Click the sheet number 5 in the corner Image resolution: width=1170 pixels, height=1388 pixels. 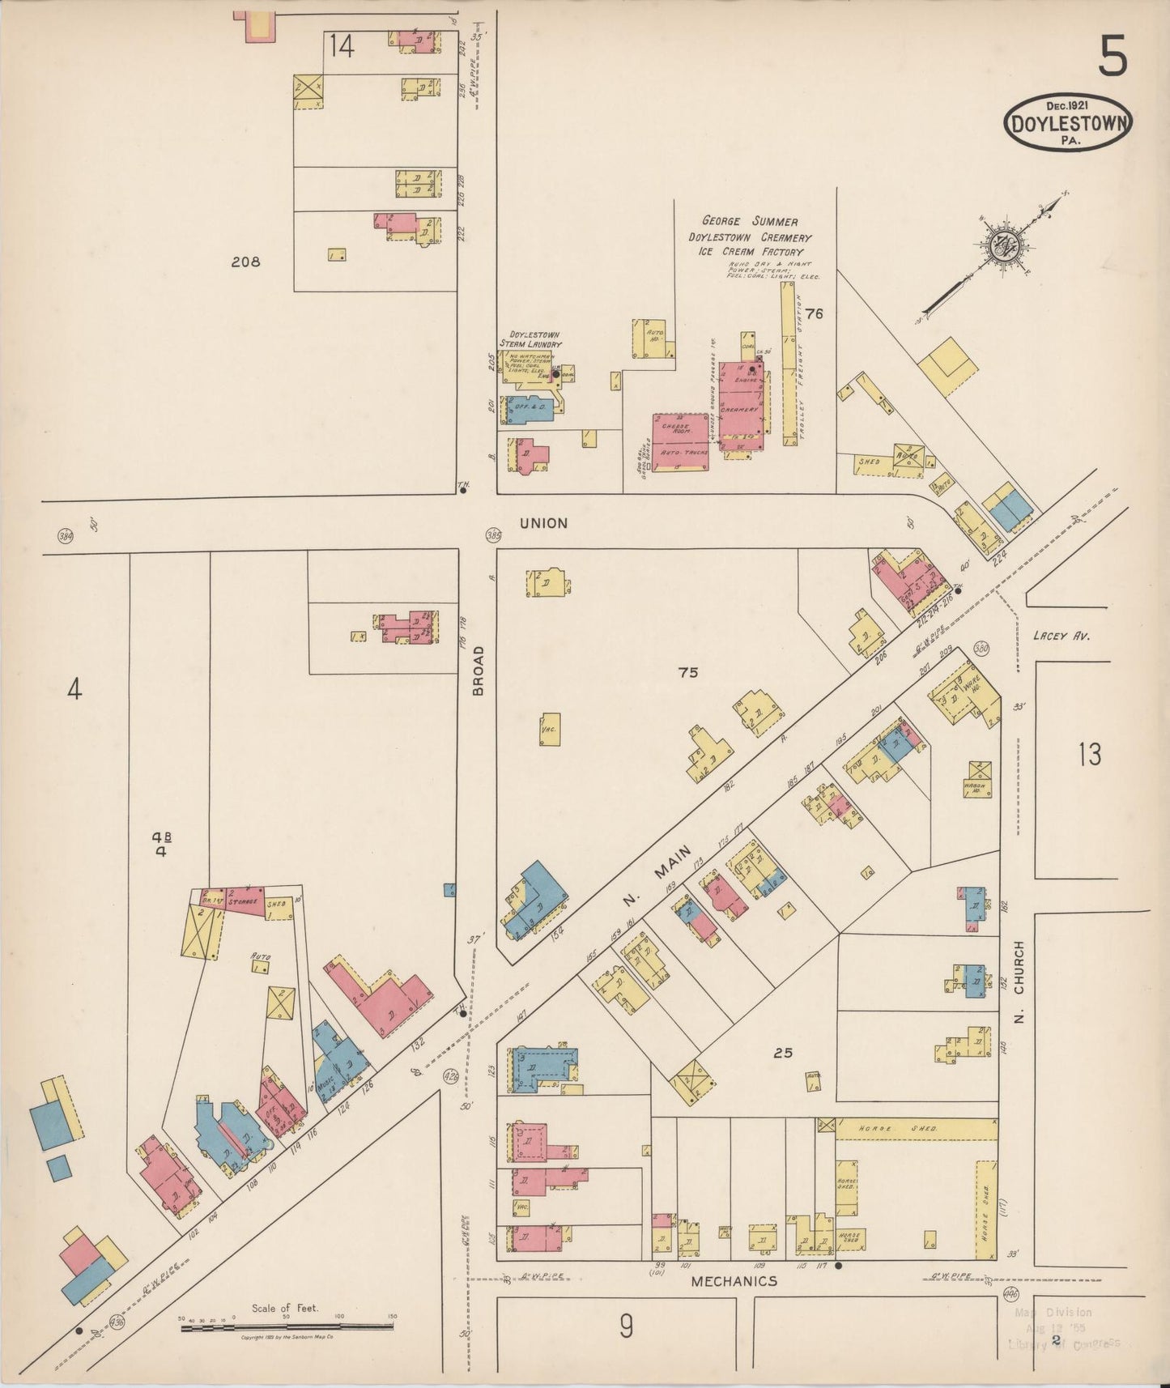pyautogui.click(x=1113, y=59)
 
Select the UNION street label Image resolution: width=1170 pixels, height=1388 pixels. pyautogui.click(x=543, y=523)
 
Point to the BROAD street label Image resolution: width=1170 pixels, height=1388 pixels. pyautogui.click(x=478, y=671)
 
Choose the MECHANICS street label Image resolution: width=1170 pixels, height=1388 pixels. pyautogui.click(x=734, y=1281)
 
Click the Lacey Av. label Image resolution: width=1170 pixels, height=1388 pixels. pyautogui.click(x=1062, y=636)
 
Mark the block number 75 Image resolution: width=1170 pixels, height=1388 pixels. pyautogui.click(x=687, y=672)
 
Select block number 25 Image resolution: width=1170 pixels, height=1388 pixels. pyautogui.click(x=782, y=1053)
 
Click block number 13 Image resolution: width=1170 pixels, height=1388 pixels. pyautogui.click(x=1089, y=755)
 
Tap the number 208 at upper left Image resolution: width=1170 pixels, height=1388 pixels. pyautogui.click(x=245, y=262)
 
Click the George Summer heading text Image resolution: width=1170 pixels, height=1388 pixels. pyautogui.click(x=749, y=221)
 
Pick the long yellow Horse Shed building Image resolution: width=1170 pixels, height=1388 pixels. pyautogui.click(x=915, y=1129)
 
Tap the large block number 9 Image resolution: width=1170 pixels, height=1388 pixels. pyautogui.click(x=625, y=1326)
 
